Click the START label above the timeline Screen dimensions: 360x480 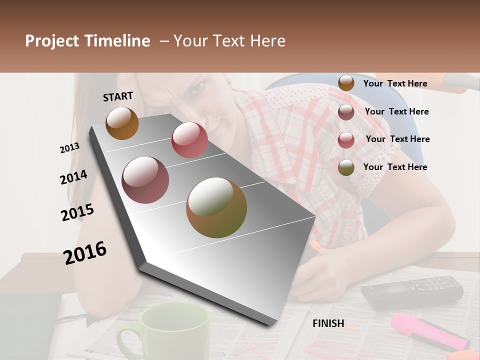118,96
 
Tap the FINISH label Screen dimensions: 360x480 328,323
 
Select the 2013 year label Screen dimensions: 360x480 70,147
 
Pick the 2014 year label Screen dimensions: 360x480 73,177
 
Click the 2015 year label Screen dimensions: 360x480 77,212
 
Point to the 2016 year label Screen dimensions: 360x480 85,252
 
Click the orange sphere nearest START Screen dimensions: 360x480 122,123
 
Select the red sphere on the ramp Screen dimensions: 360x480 189,140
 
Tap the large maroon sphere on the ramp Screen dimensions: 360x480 145,180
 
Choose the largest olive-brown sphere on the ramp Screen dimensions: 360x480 216,207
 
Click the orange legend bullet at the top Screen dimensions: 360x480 346,83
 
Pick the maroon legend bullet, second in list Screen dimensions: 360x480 346,112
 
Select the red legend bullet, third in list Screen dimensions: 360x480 346,139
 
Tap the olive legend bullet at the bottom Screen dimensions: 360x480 346,167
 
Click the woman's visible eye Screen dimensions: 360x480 196,89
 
